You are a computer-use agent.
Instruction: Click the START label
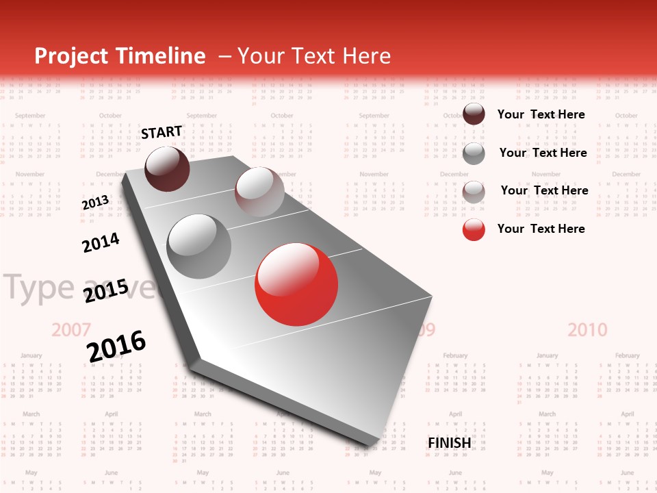point(162,132)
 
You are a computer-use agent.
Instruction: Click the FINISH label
point(449,443)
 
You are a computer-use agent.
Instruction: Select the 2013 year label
point(95,203)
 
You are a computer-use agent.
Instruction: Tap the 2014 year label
point(101,242)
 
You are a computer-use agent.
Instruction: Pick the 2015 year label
point(105,291)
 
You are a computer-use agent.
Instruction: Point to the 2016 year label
point(116,345)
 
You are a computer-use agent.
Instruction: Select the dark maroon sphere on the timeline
point(167,168)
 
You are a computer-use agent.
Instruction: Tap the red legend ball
point(474,229)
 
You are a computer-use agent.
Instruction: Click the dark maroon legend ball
point(474,114)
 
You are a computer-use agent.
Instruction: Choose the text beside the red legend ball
point(541,229)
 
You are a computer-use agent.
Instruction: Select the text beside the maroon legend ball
point(541,114)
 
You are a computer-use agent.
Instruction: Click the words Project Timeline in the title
point(120,56)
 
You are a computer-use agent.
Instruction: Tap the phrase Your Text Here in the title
point(313,56)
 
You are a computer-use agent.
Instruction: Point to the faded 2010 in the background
point(587,330)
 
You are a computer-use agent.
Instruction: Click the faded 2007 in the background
point(71,330)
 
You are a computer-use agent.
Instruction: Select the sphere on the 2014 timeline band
point(198,246)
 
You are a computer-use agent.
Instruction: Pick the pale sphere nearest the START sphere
point(259,192)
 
